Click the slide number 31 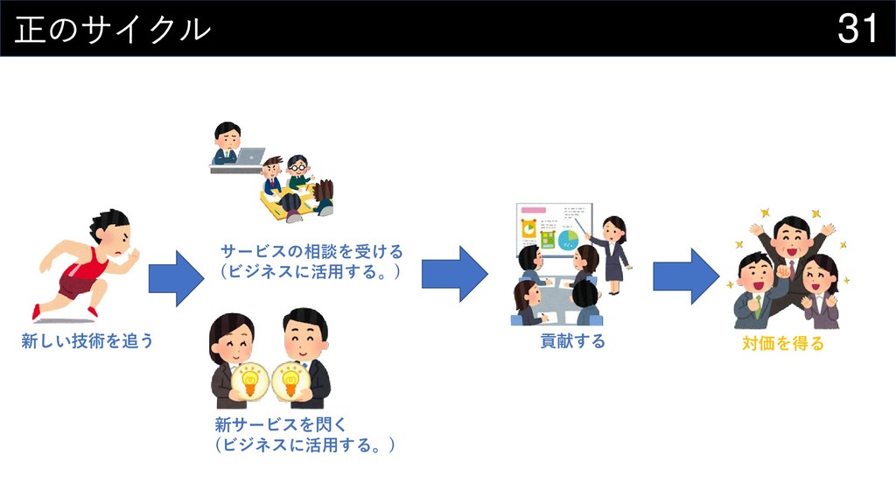[857, 28]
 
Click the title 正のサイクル [113, 29]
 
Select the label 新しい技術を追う [87, 341]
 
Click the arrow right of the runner [176, 278]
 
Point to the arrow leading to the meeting [454, 274]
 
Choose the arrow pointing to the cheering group [685, 276]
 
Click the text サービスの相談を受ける [311, 252]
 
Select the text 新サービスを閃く [281, 425]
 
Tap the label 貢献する [572, 341]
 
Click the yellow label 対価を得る [783, 344]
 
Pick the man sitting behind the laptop [227, 143]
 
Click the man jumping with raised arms [792, 254]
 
